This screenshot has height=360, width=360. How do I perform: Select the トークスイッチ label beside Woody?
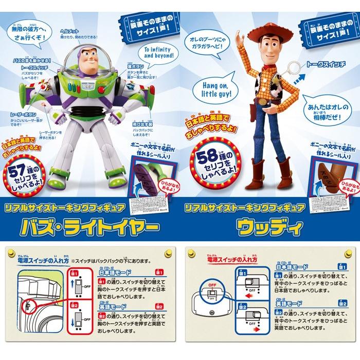[x=327, y=66]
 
